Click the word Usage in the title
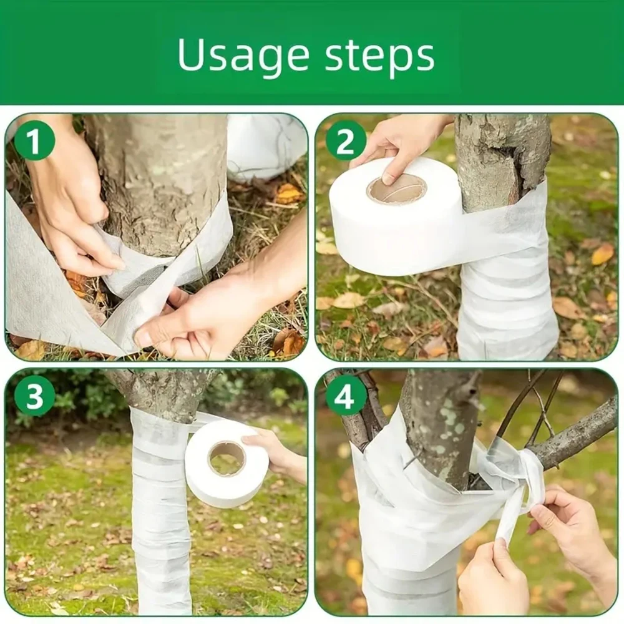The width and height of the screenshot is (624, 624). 243,56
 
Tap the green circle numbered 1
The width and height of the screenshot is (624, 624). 34,141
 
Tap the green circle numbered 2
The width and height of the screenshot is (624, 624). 346,141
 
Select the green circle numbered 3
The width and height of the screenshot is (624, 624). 34,396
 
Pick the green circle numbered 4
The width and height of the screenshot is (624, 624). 346,396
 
